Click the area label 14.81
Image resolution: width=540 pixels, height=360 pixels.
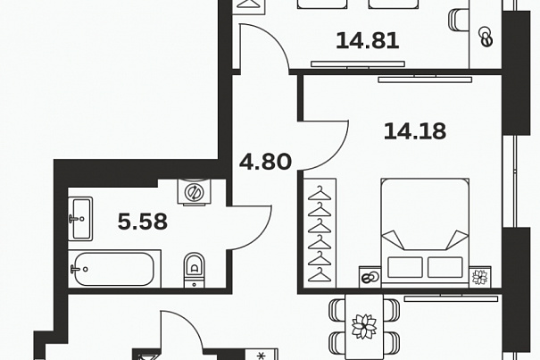368,41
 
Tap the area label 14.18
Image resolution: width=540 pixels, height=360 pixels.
415,131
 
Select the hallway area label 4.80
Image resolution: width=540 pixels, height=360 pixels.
265,162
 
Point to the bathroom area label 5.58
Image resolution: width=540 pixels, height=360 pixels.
143,222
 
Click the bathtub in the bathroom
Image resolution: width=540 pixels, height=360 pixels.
114,269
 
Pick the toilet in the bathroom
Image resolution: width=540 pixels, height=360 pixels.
195,270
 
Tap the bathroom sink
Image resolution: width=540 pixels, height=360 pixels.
80,219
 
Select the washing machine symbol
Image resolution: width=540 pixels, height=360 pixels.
194,192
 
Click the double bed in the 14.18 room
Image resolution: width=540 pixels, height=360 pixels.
425,233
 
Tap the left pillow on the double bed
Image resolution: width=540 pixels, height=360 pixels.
405,267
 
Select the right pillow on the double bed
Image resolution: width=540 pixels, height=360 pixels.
445,267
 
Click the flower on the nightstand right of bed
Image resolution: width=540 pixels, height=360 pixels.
480,277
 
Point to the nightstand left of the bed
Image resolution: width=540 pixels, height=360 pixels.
370,277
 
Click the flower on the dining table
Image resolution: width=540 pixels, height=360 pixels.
364,326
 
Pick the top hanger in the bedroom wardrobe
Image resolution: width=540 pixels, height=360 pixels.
320,194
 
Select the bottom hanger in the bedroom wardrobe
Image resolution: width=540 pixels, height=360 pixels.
320,275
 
